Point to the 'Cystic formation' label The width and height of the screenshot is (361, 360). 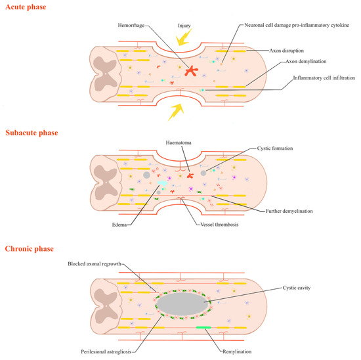click(274, 148)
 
